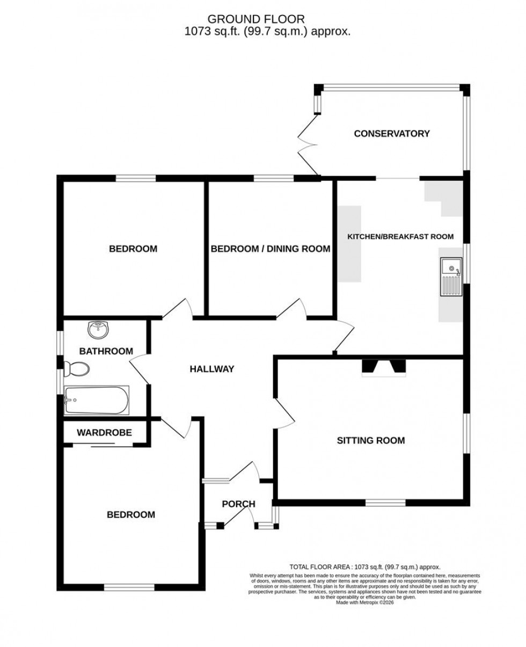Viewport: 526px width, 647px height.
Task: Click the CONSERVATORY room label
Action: pos(392,134)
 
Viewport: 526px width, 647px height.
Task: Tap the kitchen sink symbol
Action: pos(450,277)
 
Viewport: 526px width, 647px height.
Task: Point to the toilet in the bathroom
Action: pos(76,369)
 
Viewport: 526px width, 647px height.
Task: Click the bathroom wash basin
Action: pos(98,330)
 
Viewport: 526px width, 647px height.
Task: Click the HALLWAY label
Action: pos(212,369)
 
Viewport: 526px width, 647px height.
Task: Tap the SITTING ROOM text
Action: pos(370,441)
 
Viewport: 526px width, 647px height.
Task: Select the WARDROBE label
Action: pos(104,432)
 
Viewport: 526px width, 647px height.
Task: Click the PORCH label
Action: pos(238,504)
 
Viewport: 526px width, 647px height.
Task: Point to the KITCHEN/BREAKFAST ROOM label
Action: pos(400,236)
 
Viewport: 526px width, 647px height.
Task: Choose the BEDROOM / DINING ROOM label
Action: pos(270,249)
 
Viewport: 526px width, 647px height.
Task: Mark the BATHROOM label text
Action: pos(106,351)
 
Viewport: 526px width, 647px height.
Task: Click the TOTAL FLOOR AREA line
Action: pos(364,567)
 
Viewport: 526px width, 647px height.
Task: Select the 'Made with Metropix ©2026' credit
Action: pos(364,602)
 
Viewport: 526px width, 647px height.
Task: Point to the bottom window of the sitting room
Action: pos(385,503)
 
